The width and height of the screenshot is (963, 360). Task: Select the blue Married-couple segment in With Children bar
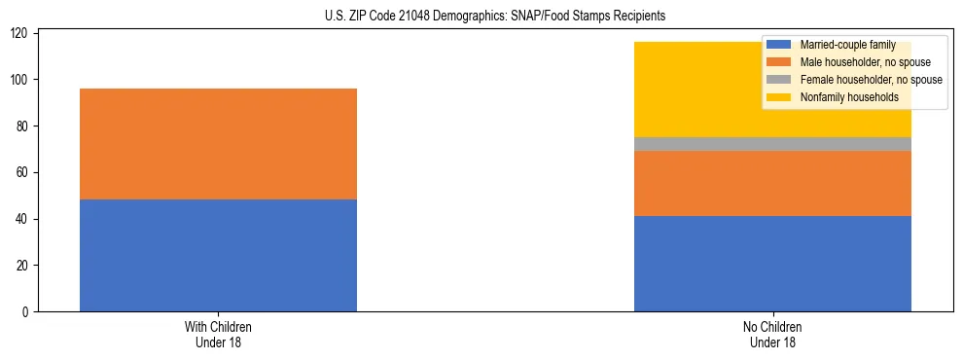218,255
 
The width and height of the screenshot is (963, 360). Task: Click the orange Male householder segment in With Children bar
218,144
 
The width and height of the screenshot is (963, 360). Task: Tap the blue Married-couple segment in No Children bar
772,264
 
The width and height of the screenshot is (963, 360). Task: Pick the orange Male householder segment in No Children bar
772,183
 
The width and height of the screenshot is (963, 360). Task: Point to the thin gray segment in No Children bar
772,144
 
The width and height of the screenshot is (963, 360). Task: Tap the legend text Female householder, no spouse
871,80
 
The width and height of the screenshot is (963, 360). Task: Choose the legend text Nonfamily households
849,97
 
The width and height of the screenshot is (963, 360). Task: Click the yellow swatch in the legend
779,97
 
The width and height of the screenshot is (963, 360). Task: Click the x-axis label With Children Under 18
218,334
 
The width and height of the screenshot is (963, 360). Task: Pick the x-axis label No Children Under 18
772,334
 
